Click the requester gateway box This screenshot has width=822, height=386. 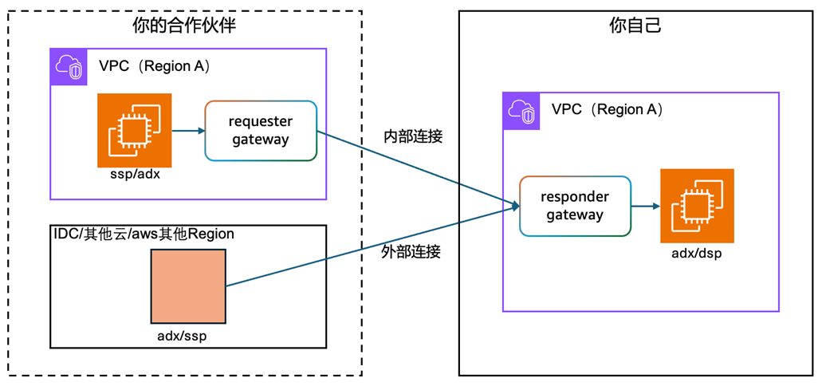(261, 131)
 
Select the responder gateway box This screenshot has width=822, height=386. (575, 206)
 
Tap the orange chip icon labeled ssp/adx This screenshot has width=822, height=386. (134, 130)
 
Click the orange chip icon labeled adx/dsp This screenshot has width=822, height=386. (697, 206)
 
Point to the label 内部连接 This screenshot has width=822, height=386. (412, 136)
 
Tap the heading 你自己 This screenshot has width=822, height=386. (635, 26)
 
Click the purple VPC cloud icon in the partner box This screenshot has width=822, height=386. (69, 67)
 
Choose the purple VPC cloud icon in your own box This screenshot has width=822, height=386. (522, 111)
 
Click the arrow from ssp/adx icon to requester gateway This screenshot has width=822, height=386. (188, 130)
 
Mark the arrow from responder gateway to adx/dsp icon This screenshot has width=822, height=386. (645, 206)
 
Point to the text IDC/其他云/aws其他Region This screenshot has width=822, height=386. (143, 234)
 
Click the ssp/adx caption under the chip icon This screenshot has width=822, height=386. (134, 175)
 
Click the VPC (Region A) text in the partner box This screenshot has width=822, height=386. (155, 66)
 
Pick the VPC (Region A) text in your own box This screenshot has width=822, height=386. (608, 110)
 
